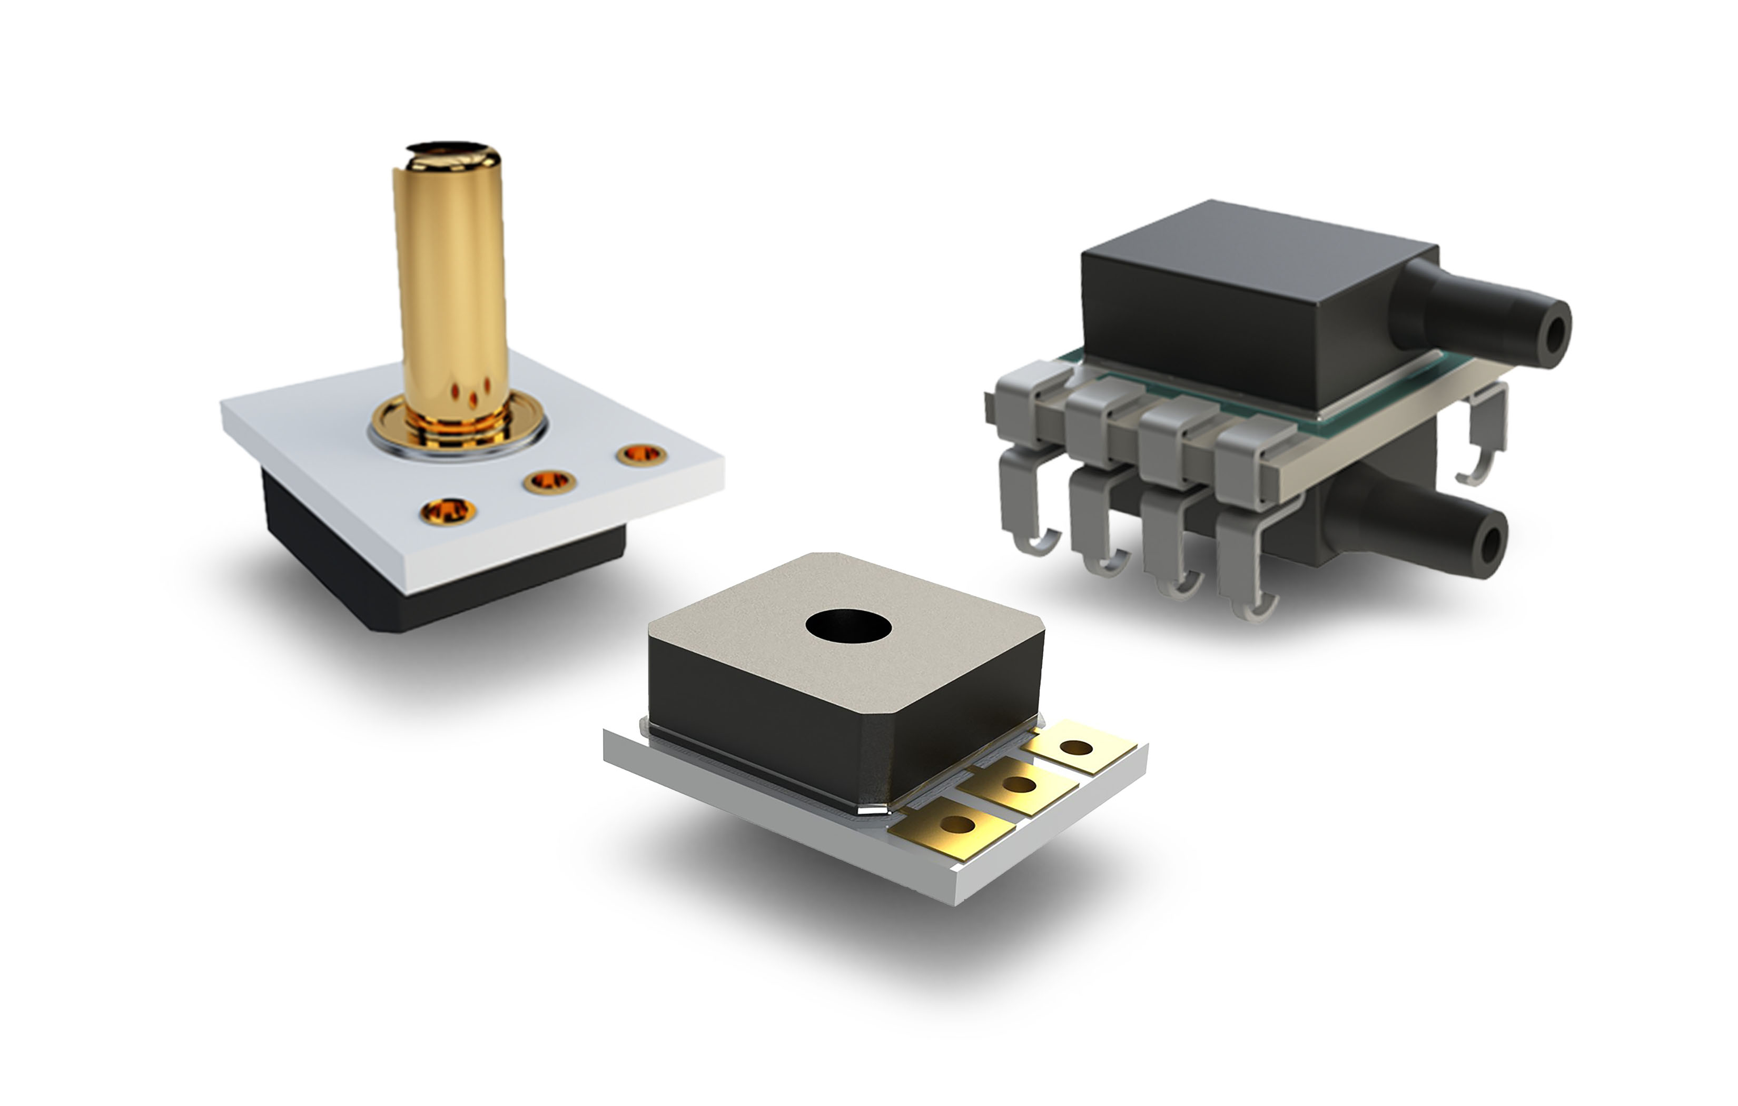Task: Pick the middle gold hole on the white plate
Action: (550, 481)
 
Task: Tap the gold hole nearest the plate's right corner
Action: (641, 455)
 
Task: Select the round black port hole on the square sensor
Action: (849, 626)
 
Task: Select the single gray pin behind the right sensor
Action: (1487, 433)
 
